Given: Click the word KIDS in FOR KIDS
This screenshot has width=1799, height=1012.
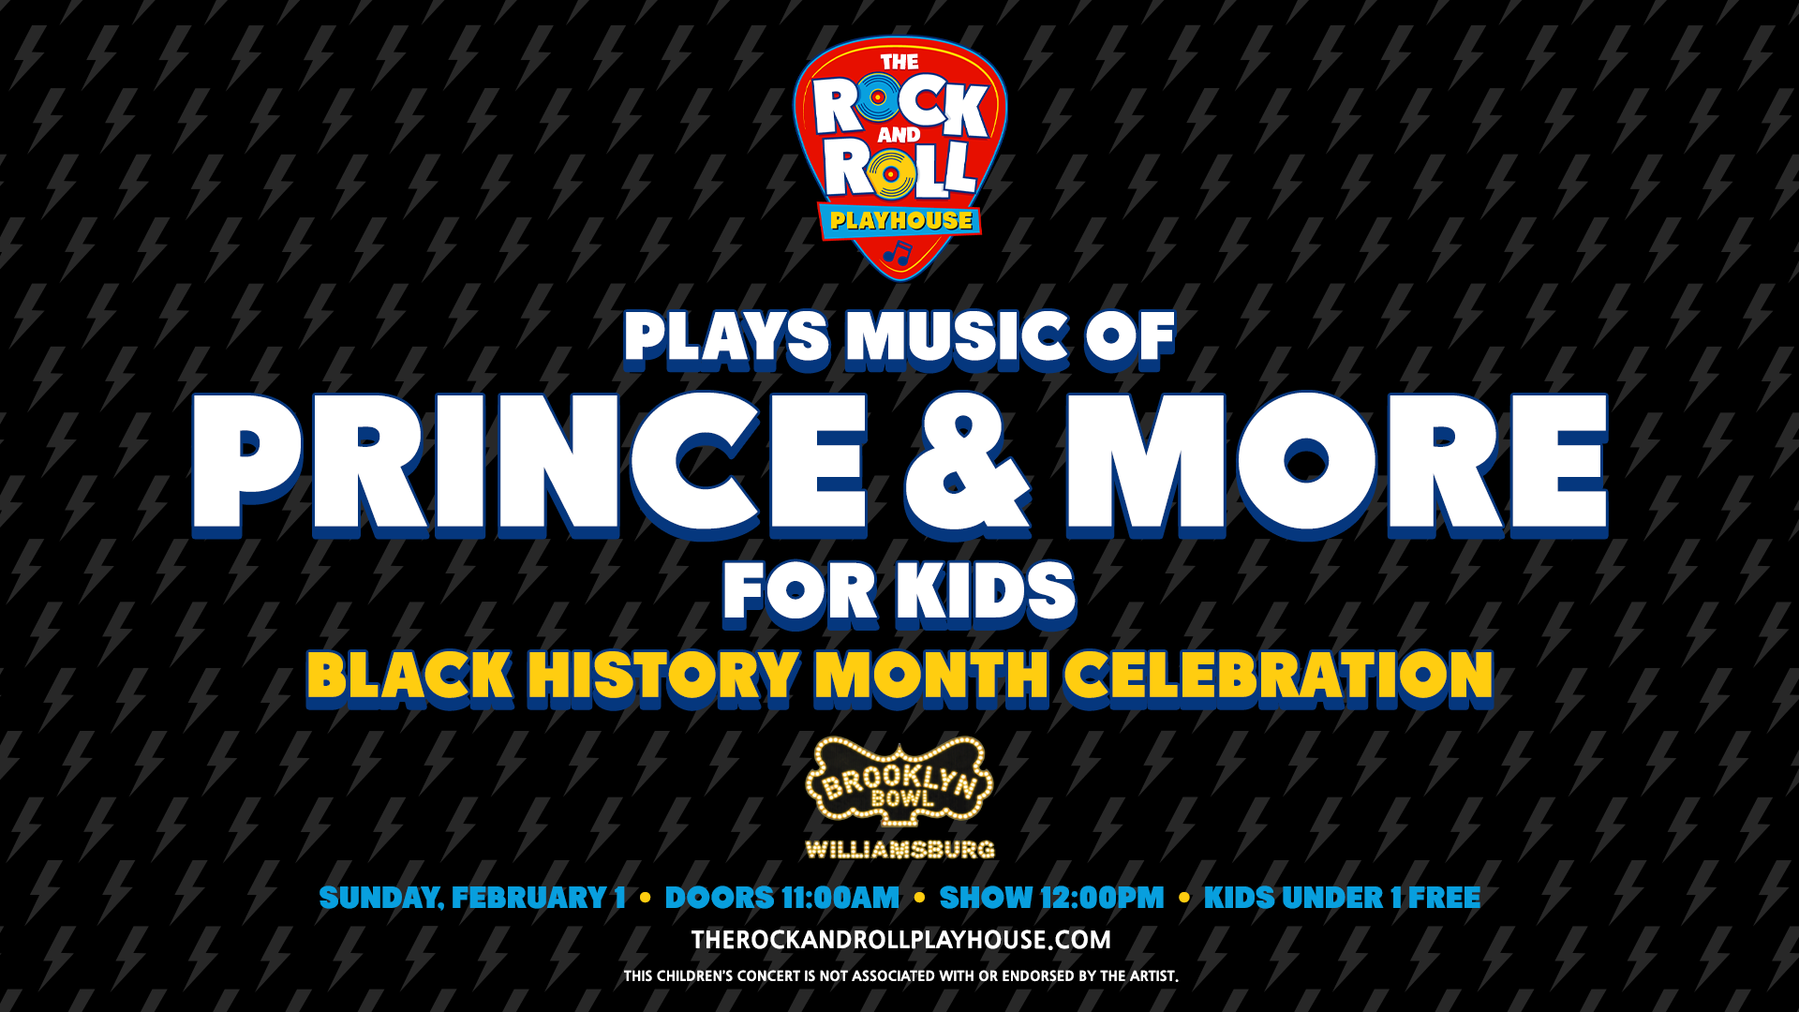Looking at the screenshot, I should [985, 592].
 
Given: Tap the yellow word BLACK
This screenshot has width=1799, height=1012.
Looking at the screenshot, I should [409, 676].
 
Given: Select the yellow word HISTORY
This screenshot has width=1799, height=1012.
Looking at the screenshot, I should [662, 676].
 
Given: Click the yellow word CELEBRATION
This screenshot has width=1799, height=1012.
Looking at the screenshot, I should [1278, 676].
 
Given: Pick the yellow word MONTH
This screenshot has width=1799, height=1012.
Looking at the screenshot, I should [931, 676].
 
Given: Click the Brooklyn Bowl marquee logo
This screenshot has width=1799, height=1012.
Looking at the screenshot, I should [899, 783].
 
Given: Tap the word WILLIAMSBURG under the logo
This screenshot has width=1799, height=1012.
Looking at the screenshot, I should [899, 850].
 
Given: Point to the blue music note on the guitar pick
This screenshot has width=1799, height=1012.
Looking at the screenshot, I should [898, 253].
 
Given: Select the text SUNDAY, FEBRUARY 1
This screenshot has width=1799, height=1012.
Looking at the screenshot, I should [472, 898].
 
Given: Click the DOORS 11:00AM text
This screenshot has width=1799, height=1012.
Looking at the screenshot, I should [781, 898].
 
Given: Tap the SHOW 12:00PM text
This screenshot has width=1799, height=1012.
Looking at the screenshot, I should [1051, 898].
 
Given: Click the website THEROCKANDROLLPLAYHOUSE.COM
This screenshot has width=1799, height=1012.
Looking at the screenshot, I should [900, 940].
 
